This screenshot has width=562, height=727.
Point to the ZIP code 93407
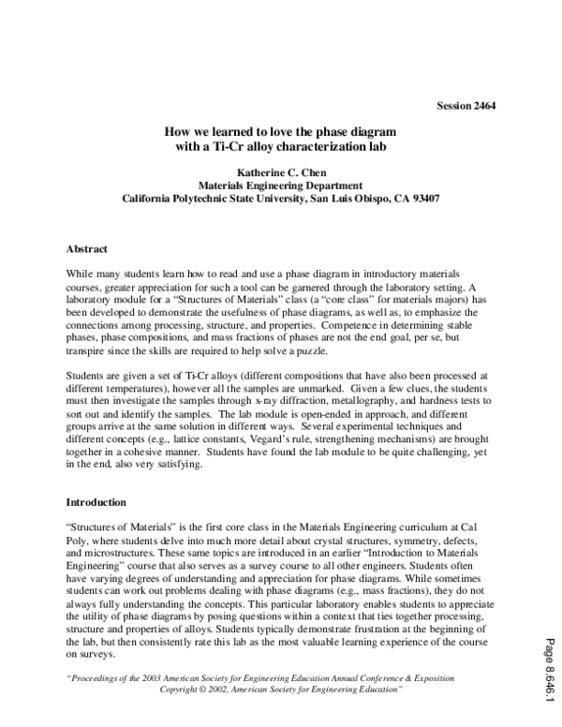pyautogui.click(x=424, y=199)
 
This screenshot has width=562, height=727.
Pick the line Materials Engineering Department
pyautogui.click(x=281, y=186)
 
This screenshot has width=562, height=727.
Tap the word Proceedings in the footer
pyautogui.click(x=97, y=677)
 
